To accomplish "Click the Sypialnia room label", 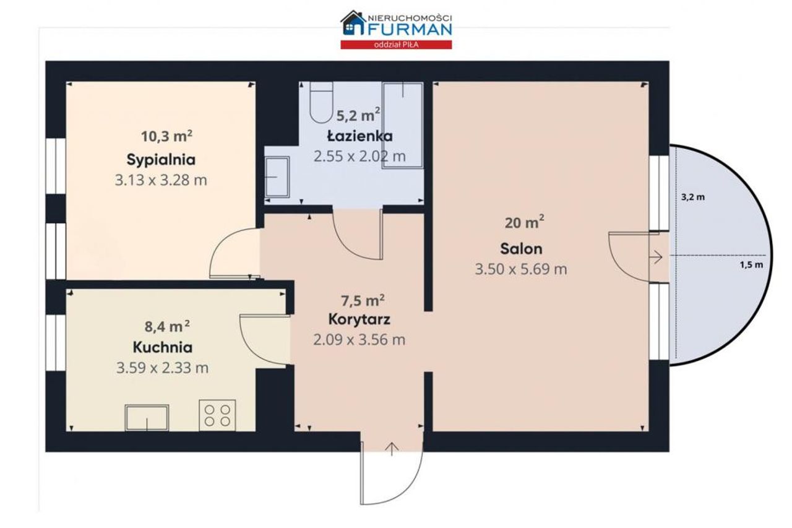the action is click(161, 160).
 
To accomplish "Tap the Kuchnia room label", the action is click(163, 347).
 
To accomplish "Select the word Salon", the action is click(521, 249).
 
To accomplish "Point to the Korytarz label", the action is click(359, 319).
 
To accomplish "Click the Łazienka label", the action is click(360, 136).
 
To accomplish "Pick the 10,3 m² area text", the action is click(166, 136).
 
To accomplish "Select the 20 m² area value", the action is click(524, 222).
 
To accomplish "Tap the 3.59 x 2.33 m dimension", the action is click(162, 368).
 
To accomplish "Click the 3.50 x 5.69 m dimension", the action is click(521, 269).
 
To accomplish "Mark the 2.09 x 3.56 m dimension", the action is click(359, 340).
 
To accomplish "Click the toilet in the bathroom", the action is click(321, 102).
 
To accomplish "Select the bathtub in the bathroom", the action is click(403, 125).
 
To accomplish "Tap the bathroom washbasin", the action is click(277, 177).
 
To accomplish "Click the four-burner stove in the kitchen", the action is click(217, 415).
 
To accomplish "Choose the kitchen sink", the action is click(147, 418).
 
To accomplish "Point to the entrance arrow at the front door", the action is click(392, 449).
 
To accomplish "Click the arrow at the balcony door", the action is click(656, 257).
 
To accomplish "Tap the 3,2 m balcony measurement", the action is click(693, 197).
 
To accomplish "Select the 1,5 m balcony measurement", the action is click(752, 265).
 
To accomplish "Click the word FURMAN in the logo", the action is click(410, 29).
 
